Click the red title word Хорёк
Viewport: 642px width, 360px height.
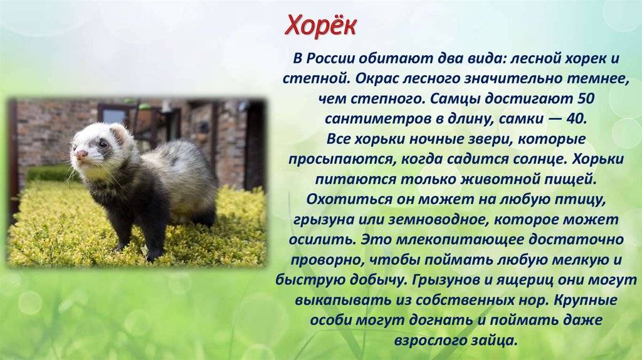(320, 26)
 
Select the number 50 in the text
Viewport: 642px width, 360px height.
(585, 98)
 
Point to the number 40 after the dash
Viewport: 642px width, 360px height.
(577, 119)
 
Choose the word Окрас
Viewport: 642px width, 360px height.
(376, 78)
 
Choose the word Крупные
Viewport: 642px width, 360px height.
(586, 300)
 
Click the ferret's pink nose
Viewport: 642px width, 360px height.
(82, 154)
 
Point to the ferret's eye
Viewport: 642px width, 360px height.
(103, 144)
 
